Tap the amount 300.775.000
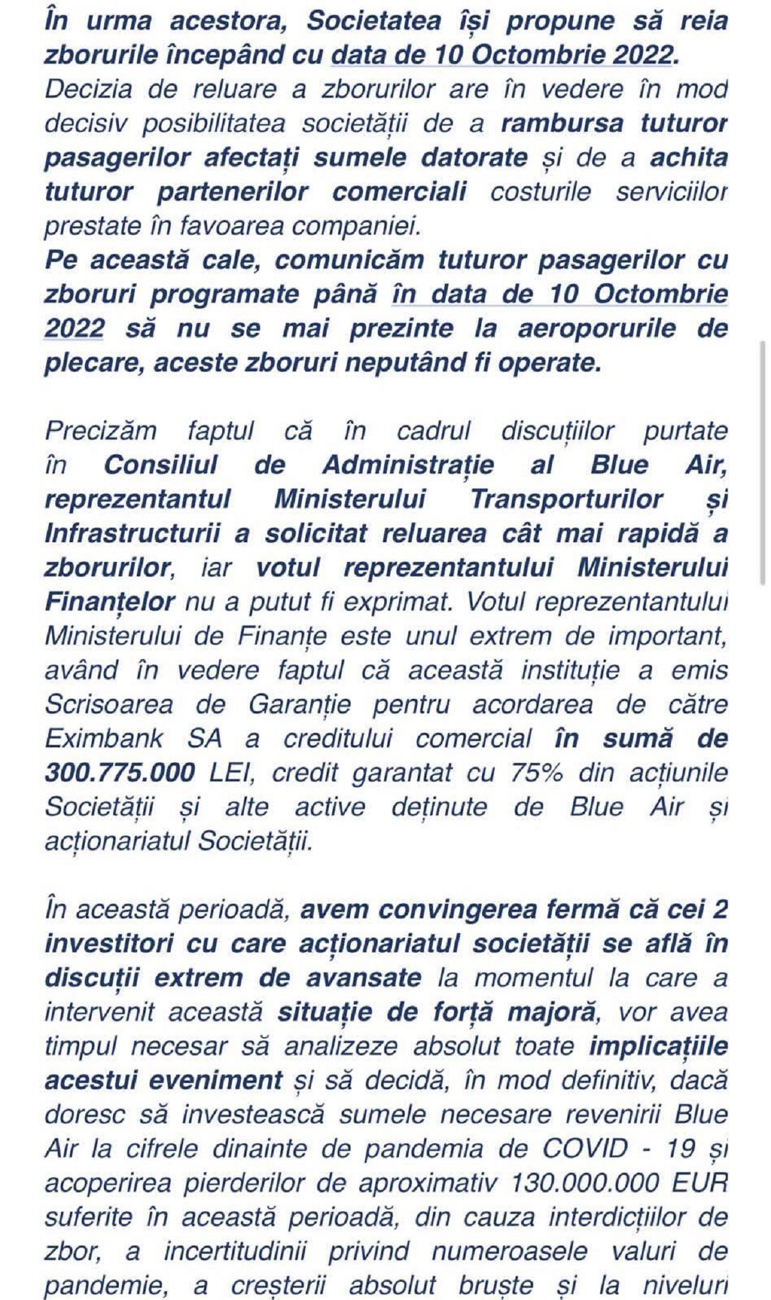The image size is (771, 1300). coord(120,773)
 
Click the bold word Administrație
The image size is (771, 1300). coord(408,465)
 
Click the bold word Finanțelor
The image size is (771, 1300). coord(109,602)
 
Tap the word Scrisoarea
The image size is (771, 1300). coord(109,705)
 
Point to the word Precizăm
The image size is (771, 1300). coord(101,431)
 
